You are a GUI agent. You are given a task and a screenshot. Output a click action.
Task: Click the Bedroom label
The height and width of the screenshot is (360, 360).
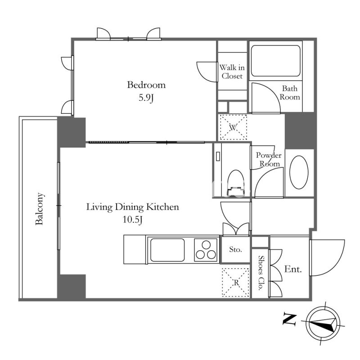146,85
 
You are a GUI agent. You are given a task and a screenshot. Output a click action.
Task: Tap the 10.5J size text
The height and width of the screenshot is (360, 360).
133,220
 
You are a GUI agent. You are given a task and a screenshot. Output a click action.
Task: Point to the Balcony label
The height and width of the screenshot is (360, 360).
39,209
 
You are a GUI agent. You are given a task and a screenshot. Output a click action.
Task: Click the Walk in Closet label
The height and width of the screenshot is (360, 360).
232,72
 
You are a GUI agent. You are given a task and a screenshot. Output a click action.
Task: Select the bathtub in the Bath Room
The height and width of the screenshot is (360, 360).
275,61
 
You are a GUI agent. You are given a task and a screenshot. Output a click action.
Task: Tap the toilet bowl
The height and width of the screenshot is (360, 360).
236,183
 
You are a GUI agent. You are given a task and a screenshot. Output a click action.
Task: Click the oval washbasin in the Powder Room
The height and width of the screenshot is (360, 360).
299,172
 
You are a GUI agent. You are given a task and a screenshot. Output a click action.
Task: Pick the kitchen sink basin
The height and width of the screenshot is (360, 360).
167,250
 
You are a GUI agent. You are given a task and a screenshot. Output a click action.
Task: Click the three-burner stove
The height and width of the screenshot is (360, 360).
206,250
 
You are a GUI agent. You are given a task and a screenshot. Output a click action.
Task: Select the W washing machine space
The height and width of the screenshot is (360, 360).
233,127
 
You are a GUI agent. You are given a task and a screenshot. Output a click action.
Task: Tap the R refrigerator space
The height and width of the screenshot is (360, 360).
236,283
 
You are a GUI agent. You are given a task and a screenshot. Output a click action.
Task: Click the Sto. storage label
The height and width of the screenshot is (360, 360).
235,249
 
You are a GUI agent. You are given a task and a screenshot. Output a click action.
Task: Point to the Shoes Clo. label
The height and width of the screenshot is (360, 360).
261,273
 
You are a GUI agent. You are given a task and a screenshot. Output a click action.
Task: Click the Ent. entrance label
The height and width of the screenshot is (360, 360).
293,269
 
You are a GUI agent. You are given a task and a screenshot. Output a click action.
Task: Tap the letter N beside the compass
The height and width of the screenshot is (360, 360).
289,319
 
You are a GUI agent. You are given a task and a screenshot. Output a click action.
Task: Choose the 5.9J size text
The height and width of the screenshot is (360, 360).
146,98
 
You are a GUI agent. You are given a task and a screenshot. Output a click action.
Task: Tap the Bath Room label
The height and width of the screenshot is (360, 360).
290,93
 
